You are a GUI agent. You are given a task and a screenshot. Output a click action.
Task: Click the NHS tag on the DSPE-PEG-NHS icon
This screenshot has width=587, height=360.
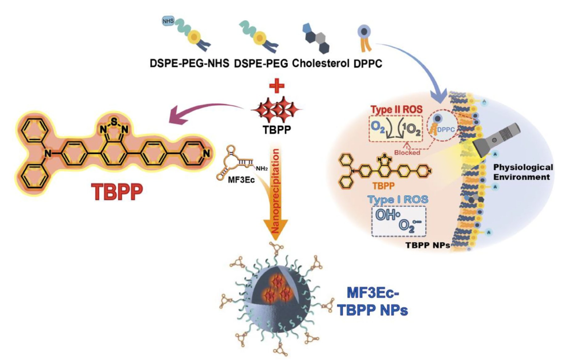tap(168, 21)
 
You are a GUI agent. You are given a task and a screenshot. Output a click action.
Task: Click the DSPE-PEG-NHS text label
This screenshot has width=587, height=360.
tap(189, 63)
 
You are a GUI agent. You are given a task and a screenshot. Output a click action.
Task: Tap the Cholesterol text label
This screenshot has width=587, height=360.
tap(320, 63)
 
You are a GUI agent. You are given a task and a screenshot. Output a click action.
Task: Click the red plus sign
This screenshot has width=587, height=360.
tap(277, 86)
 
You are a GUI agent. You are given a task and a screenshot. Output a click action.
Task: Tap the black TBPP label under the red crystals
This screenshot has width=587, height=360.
tap(277, 130)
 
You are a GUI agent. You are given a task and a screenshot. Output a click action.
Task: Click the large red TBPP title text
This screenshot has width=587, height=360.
tap(117, 192)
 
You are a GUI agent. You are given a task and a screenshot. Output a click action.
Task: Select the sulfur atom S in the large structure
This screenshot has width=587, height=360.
tap(114, 121)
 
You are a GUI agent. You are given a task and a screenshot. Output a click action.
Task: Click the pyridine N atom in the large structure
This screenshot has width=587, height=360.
tap(206, 153)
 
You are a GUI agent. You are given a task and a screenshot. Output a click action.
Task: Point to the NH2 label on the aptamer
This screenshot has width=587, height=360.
tap(262, 169)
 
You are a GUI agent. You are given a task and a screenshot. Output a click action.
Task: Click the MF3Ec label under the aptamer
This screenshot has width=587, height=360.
tap(241, 180)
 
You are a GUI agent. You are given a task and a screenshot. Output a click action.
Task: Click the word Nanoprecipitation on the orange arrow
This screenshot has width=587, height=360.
tap(276, 191)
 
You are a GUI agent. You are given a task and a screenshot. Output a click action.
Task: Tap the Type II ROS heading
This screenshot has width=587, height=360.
tap(396, 109)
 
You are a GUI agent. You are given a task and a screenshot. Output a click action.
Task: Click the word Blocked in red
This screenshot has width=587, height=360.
tap(407, 153)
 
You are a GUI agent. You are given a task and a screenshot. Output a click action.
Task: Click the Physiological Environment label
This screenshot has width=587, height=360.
tap(523, 172)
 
